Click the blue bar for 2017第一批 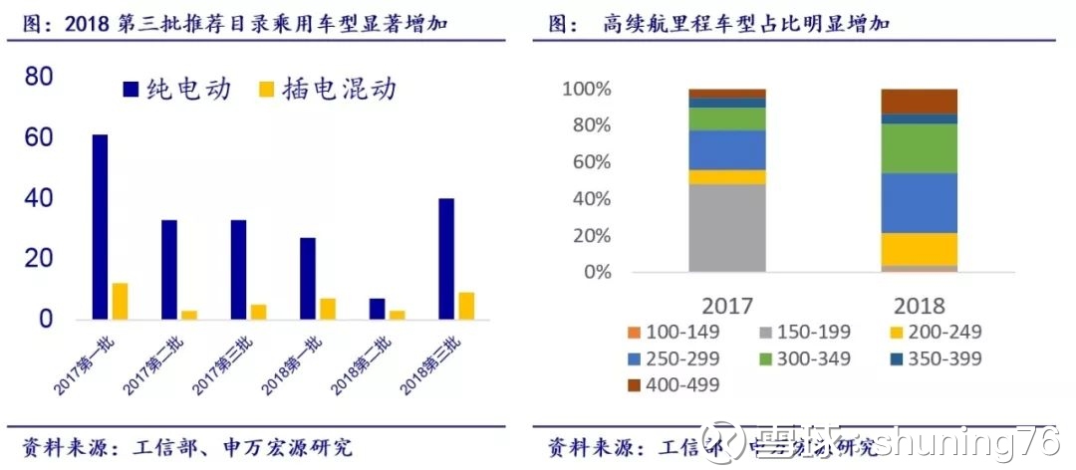tap(100, 227)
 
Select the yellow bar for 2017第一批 tap(120, 302)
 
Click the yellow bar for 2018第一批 tap(327, 309)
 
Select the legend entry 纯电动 tap(177, 90)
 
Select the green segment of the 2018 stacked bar tap(919, 148)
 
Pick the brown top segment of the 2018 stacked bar tap(919, 101)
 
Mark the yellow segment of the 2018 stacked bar tap(919, 249)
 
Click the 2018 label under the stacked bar tap(919, 304)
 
